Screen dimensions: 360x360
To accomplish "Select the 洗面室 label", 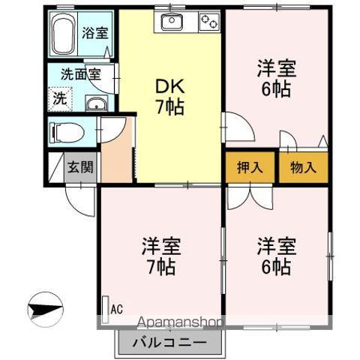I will click(x=80, y=75).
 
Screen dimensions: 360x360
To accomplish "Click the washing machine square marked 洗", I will click(x=58, y=97).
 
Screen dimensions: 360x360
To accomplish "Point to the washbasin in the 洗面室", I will click(x=95, y=104).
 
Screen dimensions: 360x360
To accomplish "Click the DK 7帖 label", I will click(x=169, y=96).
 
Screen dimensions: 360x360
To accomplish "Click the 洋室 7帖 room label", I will click(x=160, y=255).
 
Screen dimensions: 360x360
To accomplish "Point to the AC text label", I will click(x=116, y=309).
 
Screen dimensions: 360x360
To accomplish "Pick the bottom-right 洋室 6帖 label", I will click(x=277, y=255).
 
